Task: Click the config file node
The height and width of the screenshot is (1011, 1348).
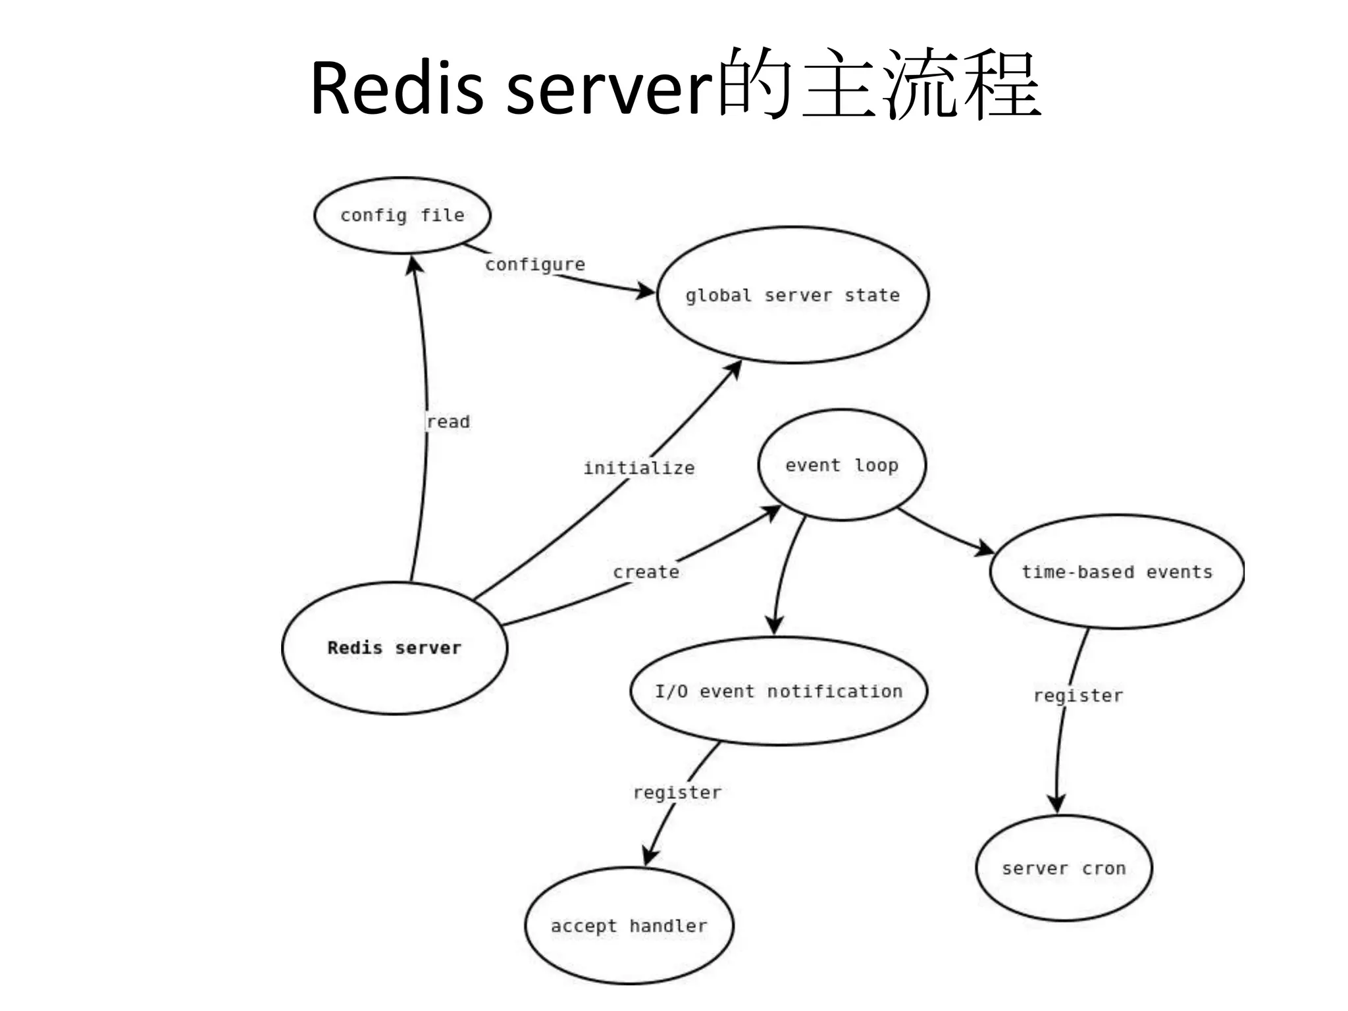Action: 402,215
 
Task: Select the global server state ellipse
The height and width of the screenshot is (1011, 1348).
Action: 792,295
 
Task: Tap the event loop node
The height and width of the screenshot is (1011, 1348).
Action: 841,465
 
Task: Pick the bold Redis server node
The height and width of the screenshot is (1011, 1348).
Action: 394,648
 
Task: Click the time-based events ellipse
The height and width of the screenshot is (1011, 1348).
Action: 1116,572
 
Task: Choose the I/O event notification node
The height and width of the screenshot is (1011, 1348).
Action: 779,691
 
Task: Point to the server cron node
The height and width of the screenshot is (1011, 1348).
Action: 1064,868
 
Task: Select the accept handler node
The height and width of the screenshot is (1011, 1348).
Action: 629,926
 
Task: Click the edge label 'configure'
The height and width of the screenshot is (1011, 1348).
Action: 535,265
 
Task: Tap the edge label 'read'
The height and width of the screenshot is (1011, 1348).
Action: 448,422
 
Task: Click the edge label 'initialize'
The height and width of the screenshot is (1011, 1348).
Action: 638,468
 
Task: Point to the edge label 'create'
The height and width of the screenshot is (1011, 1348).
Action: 646,572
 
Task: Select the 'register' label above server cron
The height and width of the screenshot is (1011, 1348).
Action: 1078,696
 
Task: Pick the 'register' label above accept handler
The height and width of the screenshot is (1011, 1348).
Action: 677,792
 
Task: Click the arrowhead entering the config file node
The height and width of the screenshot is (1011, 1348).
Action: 415,266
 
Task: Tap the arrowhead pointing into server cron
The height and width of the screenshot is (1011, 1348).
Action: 1057,803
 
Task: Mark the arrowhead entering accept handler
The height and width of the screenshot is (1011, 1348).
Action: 650,856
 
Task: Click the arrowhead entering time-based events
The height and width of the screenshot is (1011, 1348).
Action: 985,548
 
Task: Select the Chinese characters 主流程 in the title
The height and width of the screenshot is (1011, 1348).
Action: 921,86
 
